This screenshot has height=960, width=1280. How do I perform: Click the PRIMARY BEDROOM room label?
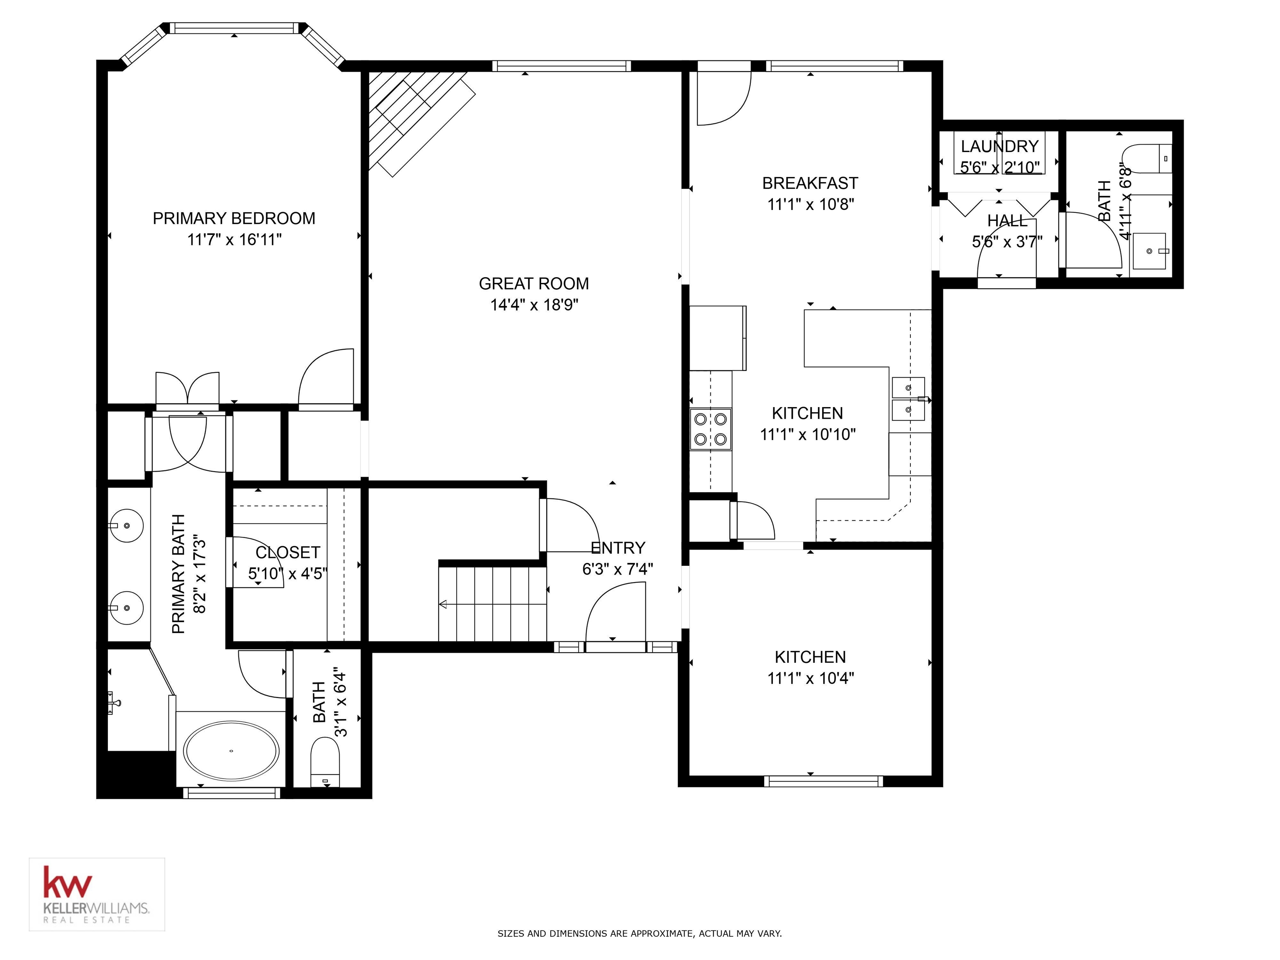point(234,218)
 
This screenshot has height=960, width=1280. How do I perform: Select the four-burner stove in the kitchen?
point(710,429)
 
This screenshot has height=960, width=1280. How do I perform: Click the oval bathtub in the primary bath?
point(231,751)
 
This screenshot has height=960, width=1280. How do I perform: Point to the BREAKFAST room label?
point(810,183)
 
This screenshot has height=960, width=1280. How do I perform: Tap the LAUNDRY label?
point(999,146)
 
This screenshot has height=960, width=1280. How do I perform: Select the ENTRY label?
point(617,548)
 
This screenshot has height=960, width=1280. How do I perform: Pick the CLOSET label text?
point(287,552)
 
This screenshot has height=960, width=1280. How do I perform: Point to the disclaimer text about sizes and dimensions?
point(640,933)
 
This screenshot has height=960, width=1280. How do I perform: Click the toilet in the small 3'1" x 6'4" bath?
point(325,762)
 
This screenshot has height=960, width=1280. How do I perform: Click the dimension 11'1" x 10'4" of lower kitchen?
point(810,678)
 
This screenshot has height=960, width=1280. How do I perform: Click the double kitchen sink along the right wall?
point(908,399)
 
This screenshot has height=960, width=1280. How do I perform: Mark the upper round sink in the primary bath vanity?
point(126,525)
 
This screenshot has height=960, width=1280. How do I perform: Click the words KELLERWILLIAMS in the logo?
point(97,908)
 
